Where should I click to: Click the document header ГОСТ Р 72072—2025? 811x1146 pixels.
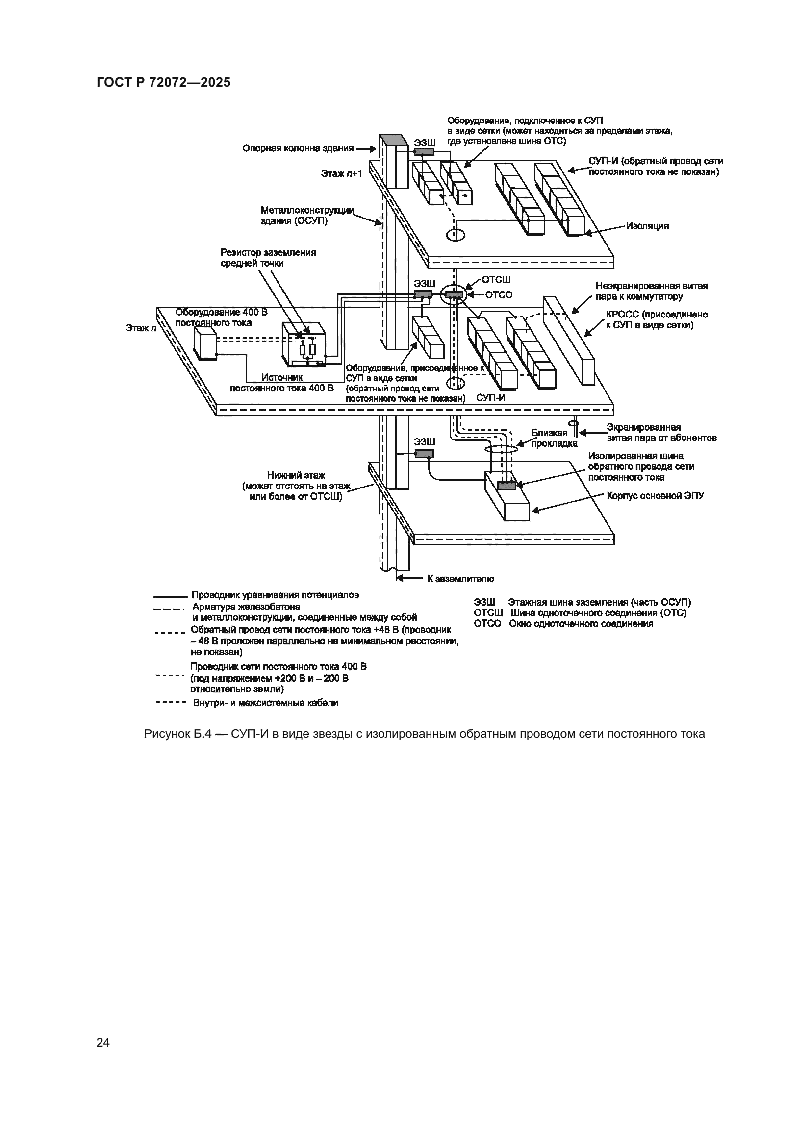pos(164,82)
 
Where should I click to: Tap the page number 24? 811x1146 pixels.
pos(103,1042)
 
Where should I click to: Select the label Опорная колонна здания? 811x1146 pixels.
pos(298,148)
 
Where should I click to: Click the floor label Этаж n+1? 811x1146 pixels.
pos(342,174)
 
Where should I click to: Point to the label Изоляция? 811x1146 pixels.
pos(647,226)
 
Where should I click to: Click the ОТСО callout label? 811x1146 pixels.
pos(499,295)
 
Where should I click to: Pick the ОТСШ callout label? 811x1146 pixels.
pos(496,280)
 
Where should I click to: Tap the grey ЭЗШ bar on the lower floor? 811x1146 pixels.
pos(425,454)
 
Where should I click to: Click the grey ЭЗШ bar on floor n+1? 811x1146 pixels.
pos(425,151)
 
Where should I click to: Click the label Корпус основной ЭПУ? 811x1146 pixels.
pos(656,496)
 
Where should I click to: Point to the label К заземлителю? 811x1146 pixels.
pos(460,579)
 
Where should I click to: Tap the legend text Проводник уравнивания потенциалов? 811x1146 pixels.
pos(275,595)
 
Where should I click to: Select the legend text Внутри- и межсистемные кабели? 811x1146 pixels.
pos(265,703)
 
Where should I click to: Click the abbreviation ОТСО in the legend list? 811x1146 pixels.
pos(487,623)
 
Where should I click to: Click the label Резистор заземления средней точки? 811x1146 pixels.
pos(268,258)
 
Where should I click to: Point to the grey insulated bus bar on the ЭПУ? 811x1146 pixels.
pos(507,485)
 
